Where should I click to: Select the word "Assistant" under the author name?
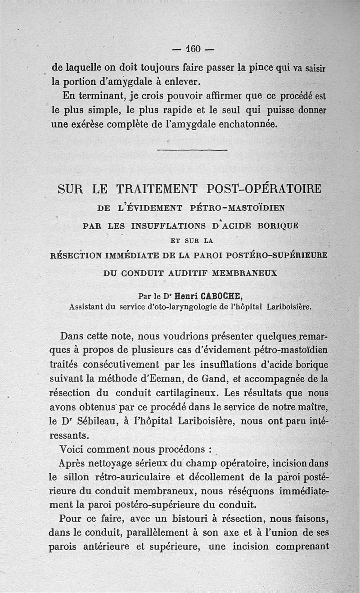(86, 307)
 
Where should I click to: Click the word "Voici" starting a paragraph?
(73, 450)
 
